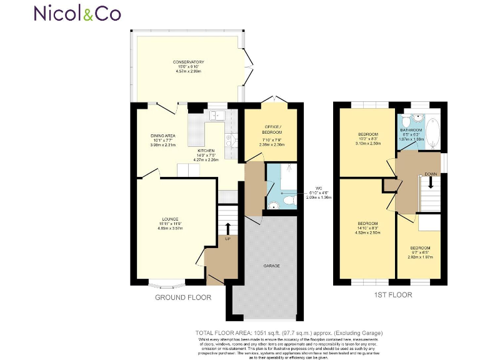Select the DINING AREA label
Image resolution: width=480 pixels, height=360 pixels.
pos(162,138)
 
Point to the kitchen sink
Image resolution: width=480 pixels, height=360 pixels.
pos(217,115)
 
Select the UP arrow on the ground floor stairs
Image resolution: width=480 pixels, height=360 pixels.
pos(227,229)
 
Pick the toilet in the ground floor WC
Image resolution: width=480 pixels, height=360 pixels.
pos(273,204)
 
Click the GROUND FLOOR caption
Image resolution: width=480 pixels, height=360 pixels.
pos(183,297)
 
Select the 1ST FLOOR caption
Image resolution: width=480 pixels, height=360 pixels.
pos(392,295)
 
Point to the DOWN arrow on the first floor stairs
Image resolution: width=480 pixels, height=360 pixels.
pos(430,183)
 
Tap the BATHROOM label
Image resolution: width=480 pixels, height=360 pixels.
pos(411,133)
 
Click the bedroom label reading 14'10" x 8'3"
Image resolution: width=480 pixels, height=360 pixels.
pos(367,227)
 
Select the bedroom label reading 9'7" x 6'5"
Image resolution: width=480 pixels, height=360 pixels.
pos(420,252)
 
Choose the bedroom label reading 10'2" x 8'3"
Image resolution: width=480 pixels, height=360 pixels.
pos(367,138)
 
